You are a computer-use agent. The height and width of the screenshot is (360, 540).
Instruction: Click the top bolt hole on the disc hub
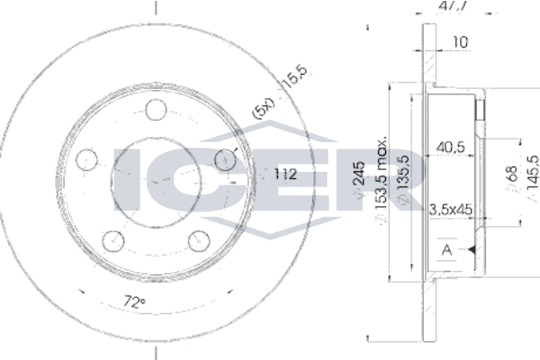(x=157, y=111)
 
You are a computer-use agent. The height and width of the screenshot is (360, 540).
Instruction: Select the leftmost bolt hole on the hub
(x=88, y=160)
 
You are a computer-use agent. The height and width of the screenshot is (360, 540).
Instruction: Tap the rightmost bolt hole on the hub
(x=224, y=159)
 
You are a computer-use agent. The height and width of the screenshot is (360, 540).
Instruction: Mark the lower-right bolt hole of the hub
(x=199, y=239)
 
